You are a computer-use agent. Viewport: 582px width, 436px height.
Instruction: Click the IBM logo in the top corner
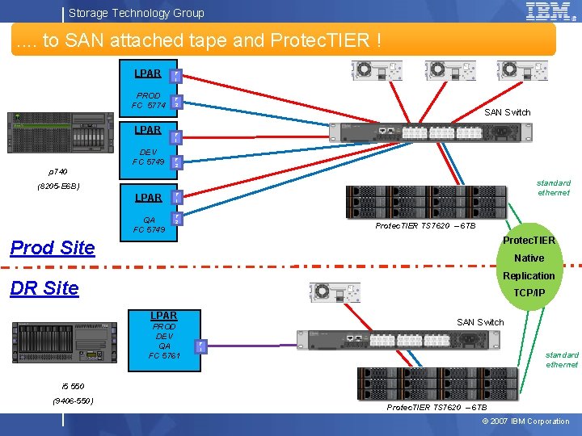[x=550, y=11]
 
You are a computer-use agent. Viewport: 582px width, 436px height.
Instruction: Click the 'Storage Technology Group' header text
[x=136, y=13]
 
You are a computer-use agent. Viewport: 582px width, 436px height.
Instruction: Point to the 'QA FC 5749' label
[x=149, y=224]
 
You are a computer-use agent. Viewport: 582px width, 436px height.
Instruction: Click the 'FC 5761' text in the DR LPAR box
[x=164, y=355]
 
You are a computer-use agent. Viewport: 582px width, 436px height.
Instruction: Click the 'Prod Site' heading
[x=53, y=248]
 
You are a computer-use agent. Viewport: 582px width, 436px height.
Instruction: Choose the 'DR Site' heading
[x=44, y=288]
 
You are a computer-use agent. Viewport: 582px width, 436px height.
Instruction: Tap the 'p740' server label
[x=57, y=172]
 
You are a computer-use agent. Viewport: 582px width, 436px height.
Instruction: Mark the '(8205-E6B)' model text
[x=57, y=187]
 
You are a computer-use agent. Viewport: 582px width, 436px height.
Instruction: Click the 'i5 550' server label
[x=72, y=385]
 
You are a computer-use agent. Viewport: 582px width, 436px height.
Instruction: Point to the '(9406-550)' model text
[x=72, y=400]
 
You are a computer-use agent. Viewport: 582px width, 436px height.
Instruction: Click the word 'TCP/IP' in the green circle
[x=529, y=293]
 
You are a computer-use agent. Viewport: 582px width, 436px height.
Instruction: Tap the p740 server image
[x=60, y=134]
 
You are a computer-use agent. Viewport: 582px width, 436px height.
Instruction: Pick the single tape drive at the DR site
[x=334, y=292]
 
